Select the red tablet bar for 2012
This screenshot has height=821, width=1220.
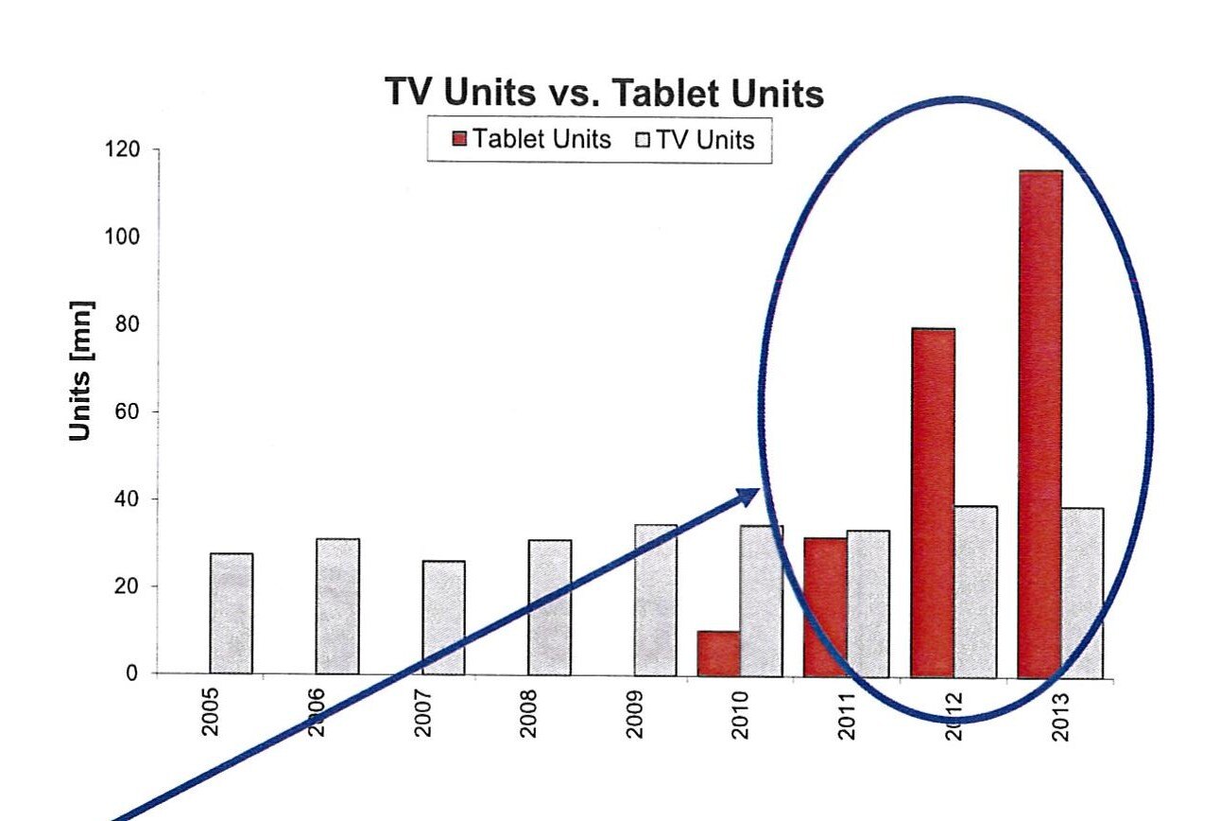pyautogui.click(x=933, y=501)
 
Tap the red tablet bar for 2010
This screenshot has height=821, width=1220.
pyautogui.click(x=718, y=653)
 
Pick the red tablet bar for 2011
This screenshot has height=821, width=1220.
pyautogui.click(x=825, y=606)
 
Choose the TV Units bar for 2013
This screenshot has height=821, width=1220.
pyautogui.click(x=1081, y=592)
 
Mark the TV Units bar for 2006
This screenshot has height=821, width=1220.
pyautogui.click(x=337, y=605)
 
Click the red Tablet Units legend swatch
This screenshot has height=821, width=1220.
pyautogui.click(x=460, y=140)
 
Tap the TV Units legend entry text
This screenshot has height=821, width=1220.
pyautogui.click(x=705, y=140)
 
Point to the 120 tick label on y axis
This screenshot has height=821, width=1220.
pyautogui.click(x=123, y=149)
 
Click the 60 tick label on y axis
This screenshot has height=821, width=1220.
pyautogui.click(x=129, y=411)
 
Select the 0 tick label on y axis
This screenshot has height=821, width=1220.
pyautogui.click(x=133, y=673)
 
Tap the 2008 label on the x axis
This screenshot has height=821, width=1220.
pyautogui.click(x=528, y=715)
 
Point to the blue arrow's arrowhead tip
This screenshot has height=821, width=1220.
pyautogui.click(x=758, y=490)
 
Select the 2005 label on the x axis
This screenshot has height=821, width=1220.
pyautogui.click(x=210, y=715)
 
